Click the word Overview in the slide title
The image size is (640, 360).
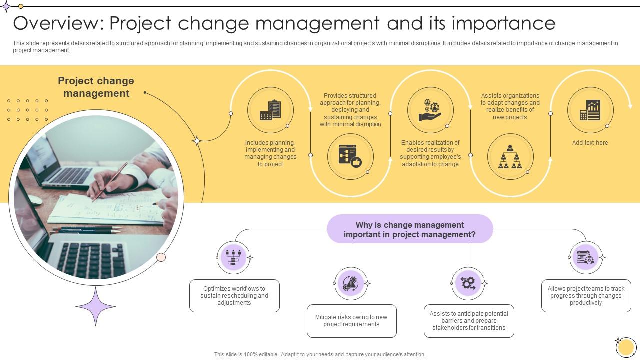point(56,23)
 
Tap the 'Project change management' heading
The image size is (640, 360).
point(96,87)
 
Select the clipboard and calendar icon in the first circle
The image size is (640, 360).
point(270,110)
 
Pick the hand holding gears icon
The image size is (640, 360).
point(430,110)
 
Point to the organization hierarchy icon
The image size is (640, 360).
point(510,157)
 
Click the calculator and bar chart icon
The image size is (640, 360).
point(590,110)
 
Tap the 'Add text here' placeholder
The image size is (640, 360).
point(590,143)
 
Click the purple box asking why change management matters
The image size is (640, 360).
point(410,229)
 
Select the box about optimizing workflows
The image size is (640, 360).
point(234,296)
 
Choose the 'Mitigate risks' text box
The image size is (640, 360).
point(351,321)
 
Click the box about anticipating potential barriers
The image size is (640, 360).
point(468,321)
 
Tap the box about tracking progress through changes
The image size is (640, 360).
point(586,296)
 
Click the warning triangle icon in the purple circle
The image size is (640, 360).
point(351,283)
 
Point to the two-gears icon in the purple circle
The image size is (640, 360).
point(468,283)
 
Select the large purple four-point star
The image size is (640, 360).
point(95,306)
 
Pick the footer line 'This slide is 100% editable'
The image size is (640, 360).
point(320,354)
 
